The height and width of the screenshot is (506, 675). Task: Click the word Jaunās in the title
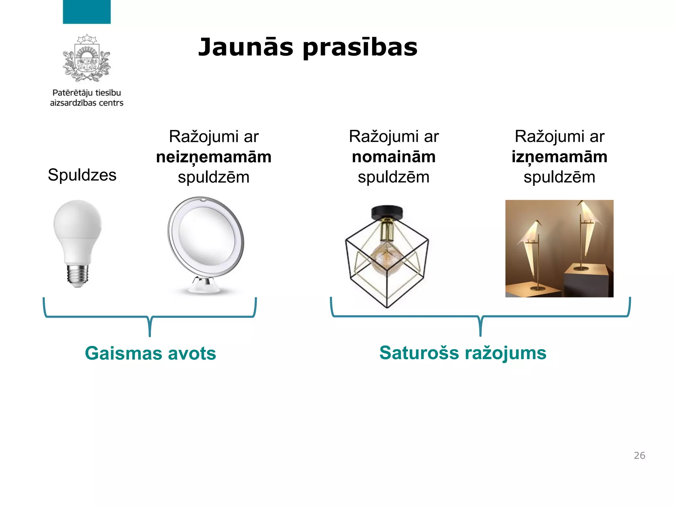tap(246, 47)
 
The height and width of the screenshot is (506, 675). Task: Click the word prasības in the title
tap(360, 47)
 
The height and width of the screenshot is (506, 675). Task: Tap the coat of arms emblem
tap(87, 59)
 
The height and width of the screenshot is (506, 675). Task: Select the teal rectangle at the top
tap(87, 12)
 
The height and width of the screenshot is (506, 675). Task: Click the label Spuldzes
tap(82, 175)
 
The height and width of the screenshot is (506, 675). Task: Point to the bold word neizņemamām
tap(214, 157)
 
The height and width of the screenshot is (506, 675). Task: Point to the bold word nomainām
tap(394, 157)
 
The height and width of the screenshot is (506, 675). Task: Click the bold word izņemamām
tap(559, 157)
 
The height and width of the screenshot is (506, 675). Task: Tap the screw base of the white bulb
tap(78, 274)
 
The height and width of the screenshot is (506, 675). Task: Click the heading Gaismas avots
tap(150, 353)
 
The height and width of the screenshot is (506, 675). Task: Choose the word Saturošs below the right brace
tap(419, 353)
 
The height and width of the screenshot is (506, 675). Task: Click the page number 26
tap(639, 455)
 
